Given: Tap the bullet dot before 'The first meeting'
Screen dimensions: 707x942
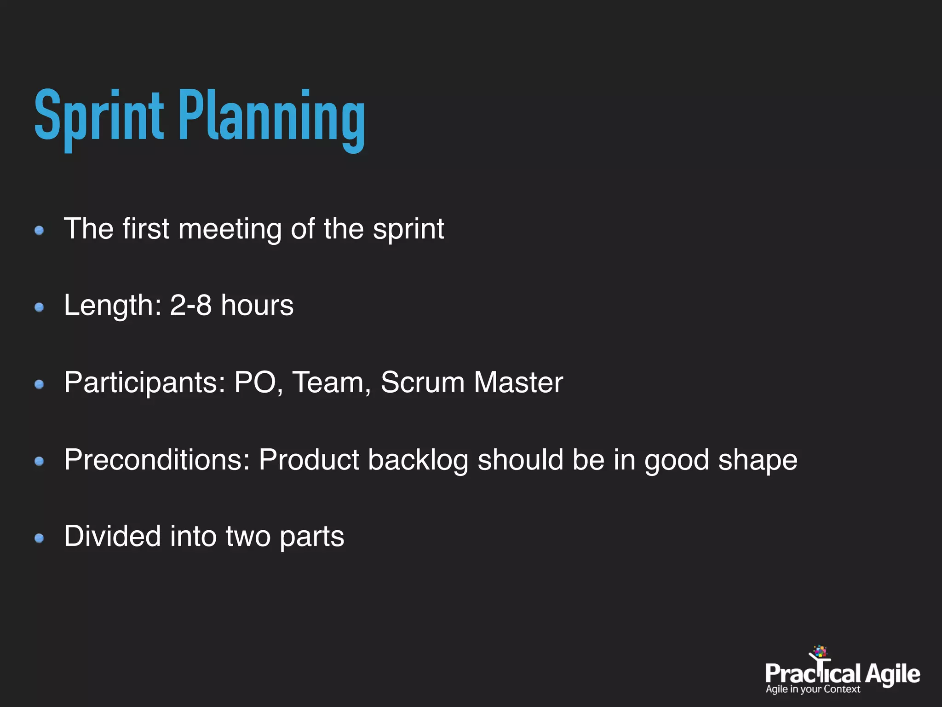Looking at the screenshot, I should tap(39, 230).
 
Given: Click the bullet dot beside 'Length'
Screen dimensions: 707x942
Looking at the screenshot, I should tap(39, 307).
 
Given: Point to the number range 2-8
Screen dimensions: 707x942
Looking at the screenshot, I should tap(190, 305).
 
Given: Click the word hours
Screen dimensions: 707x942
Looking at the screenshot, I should tap(257, 305).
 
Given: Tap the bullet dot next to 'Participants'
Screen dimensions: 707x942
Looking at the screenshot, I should tap(39, 384).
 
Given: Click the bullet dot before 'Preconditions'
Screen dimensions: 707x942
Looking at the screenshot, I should tap(39, 461).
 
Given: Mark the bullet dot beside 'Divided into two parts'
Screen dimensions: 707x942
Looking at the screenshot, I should tap(39, 538).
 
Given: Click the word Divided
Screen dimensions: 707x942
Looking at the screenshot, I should tap(112, 536).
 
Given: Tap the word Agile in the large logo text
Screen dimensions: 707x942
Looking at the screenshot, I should tap(892, 675).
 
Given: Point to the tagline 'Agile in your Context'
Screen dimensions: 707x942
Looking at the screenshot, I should tap(812, 690).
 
